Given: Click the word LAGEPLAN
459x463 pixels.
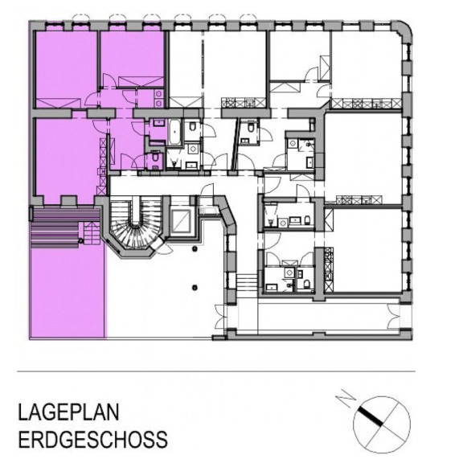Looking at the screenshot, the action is point(68,412).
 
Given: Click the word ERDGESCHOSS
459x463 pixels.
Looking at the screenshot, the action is point(92,439).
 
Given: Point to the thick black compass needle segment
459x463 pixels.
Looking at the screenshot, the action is point(371,416).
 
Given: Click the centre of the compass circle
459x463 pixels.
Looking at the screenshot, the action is point(382,424).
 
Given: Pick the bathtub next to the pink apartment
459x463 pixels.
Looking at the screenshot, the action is point(175,132).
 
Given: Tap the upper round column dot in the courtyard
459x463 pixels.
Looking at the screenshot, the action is point(195,249).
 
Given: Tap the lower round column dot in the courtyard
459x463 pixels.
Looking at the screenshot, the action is point(195,287).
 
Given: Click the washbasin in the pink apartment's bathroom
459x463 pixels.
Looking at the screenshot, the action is point(159,122).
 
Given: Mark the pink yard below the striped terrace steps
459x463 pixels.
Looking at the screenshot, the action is point(68,293).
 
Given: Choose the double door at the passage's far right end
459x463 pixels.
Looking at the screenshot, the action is point(393,316).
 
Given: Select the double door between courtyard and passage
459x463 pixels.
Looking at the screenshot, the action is point(221,317).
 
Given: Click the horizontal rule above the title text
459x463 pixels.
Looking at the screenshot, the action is point(216,371).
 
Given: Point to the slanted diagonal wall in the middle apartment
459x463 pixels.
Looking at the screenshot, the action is point(236,144).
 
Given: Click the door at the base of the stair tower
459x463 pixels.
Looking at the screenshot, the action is point(162,247).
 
